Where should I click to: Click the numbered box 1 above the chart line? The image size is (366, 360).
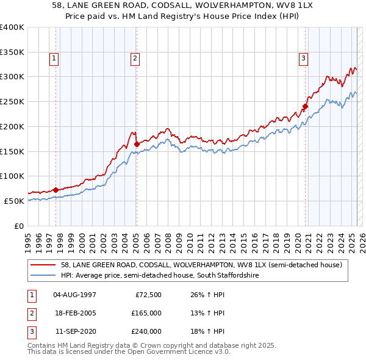tap(54, 59)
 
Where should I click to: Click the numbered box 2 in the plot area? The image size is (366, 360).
tap(134, 59)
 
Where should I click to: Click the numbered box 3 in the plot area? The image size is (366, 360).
tap(303, 59)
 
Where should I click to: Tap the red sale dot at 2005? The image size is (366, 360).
tap(137, 144)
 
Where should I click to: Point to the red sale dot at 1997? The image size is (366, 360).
tap(56, 190)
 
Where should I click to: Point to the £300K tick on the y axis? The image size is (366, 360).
tap(12, 77)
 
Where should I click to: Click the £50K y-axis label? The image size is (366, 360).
tap(14, 201)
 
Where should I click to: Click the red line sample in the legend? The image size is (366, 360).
tap(44, 265)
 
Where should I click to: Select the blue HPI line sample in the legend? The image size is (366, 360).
tap(44, 276)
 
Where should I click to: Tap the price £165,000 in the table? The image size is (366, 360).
tap(147, 313)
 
